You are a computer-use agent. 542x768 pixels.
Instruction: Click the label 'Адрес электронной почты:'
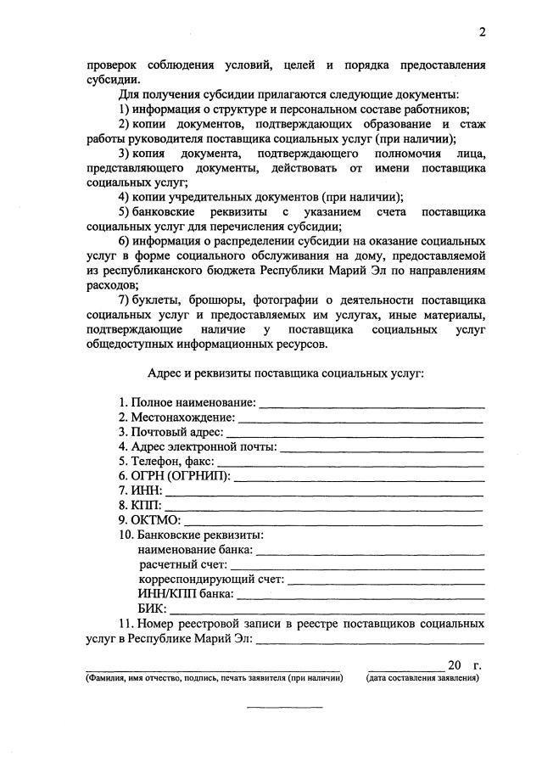198,446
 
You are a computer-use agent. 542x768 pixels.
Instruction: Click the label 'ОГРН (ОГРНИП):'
174,476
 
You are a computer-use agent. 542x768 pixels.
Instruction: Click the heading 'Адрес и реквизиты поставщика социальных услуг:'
285,373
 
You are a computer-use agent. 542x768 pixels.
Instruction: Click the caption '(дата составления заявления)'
423,679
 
